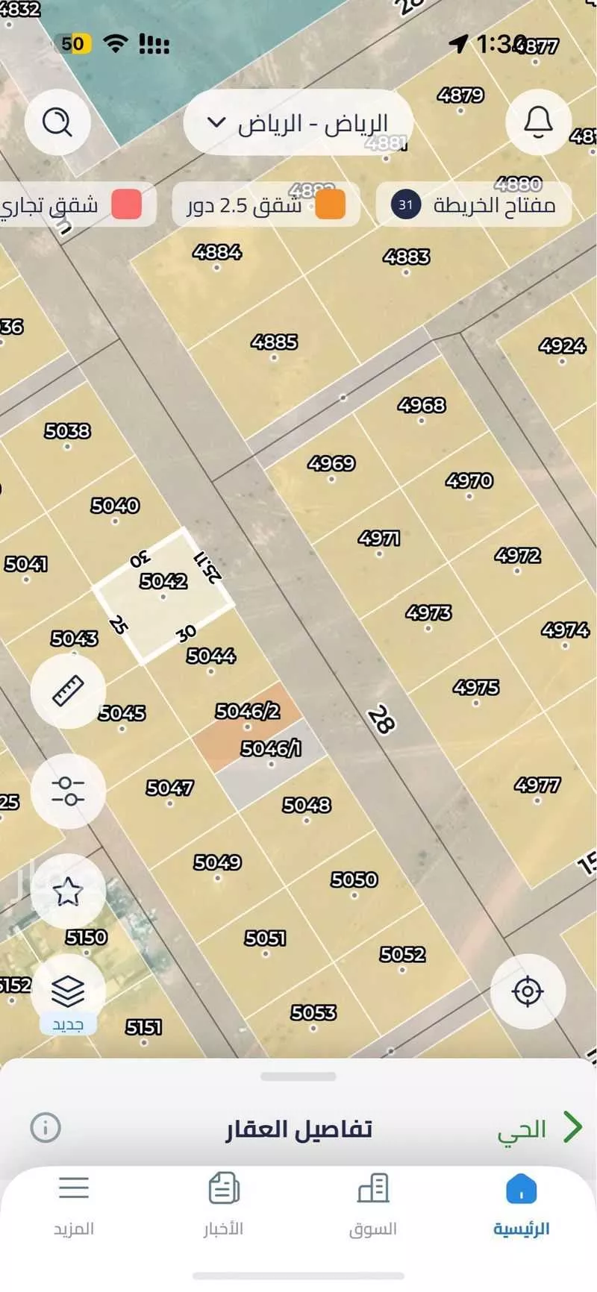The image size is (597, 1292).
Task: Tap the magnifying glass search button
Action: (x=57, y=122)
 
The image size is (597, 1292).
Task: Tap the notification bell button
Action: (x=538, y=122)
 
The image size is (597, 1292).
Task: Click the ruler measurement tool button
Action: (x=68, y=691)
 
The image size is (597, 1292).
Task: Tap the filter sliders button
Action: (x=68, y=791)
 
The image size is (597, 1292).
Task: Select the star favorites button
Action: (x=68, y=891)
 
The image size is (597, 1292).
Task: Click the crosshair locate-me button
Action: (x=528, y=991)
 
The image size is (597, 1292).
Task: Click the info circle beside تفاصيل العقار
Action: (x=46, y=1127)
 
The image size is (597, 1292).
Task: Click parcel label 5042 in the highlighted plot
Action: (x=163, y=580)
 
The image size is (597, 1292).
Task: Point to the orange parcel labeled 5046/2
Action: (x=248, y=711)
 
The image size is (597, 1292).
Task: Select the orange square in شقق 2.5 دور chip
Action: (x=330, y=204)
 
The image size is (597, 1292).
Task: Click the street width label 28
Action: (x=381, y=720)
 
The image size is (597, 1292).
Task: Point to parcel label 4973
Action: (x=428, y=613)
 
